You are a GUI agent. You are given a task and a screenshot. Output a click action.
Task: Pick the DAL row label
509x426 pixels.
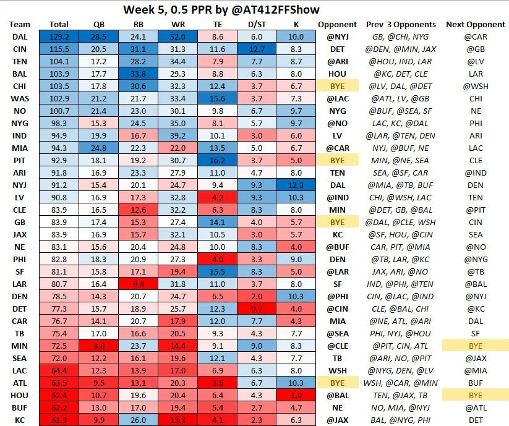19,37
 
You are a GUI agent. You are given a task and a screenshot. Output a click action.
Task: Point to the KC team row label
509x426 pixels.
19,420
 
